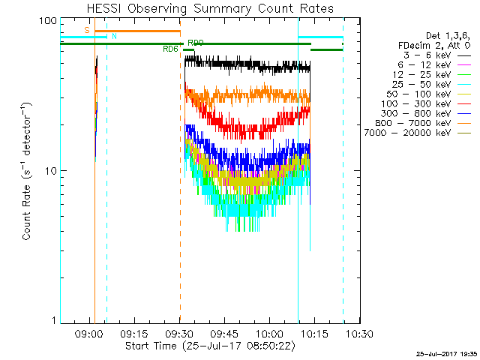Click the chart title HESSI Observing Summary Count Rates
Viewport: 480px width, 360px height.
click(211, 8)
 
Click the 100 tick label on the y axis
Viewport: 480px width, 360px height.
click(48, 20)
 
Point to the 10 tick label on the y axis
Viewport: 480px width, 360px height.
click(51, 171)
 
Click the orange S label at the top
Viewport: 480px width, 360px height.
click(87, 30)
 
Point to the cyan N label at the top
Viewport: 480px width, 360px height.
click(114, 36)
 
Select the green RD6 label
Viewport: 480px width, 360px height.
click(170, 49)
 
